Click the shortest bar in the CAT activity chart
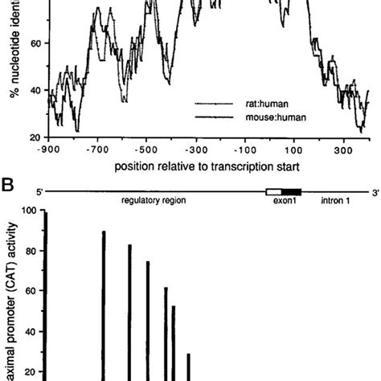[x=189, y=367]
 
